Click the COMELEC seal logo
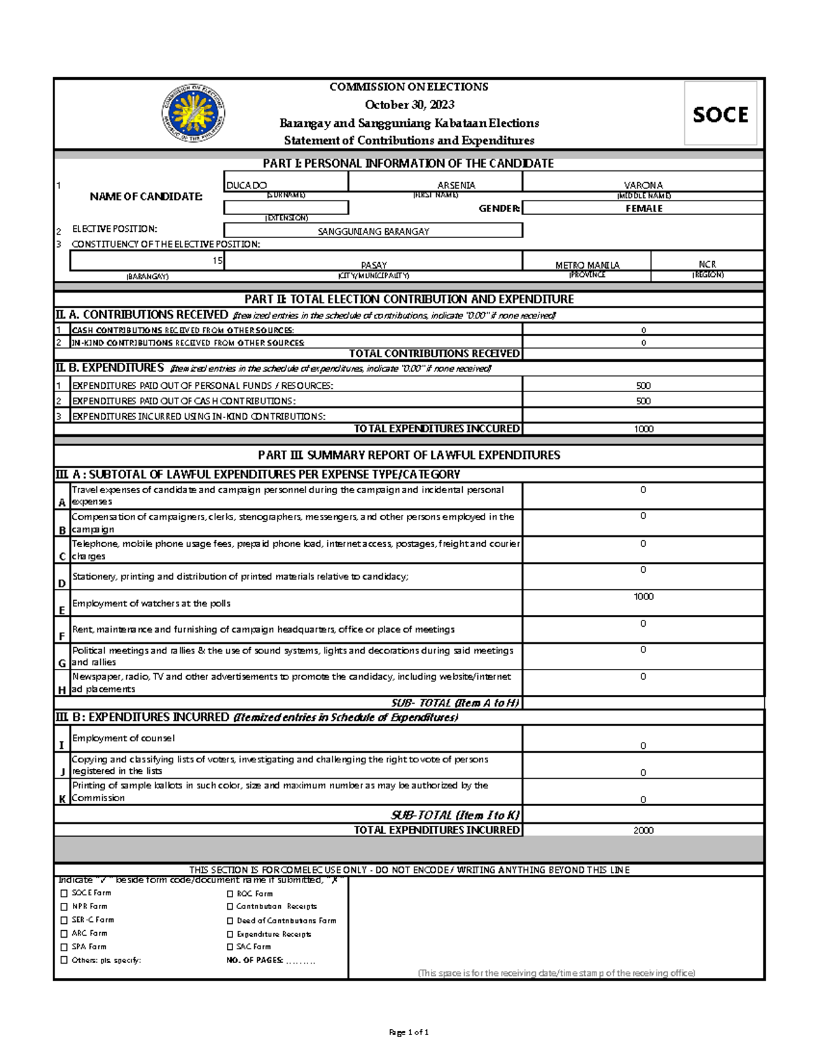(x=194, y=113)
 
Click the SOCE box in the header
(x=721, y=114)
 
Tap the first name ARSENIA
(x=456, y=185)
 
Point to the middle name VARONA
(x=643, y=185)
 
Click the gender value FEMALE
(x=643, y=209)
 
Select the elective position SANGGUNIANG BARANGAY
(x=373, y=231)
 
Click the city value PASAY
(x=374, y=265)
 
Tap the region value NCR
(x=707, y=264)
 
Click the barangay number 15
(x=217, y=260)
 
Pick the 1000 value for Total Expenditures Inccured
(x=643, y=429)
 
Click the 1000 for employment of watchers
(x=643, y=597)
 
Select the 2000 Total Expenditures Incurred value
(x=643, y=831)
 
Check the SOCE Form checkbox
(x=64, y=893)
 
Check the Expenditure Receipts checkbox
(x=230, y=934)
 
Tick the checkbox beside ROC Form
(x=230, y=894)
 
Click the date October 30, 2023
(x=409, y=104)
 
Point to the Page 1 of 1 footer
(x=408, y=1032)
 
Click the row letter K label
(x=62, y=799)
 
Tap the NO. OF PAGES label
(x=254, y=960)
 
